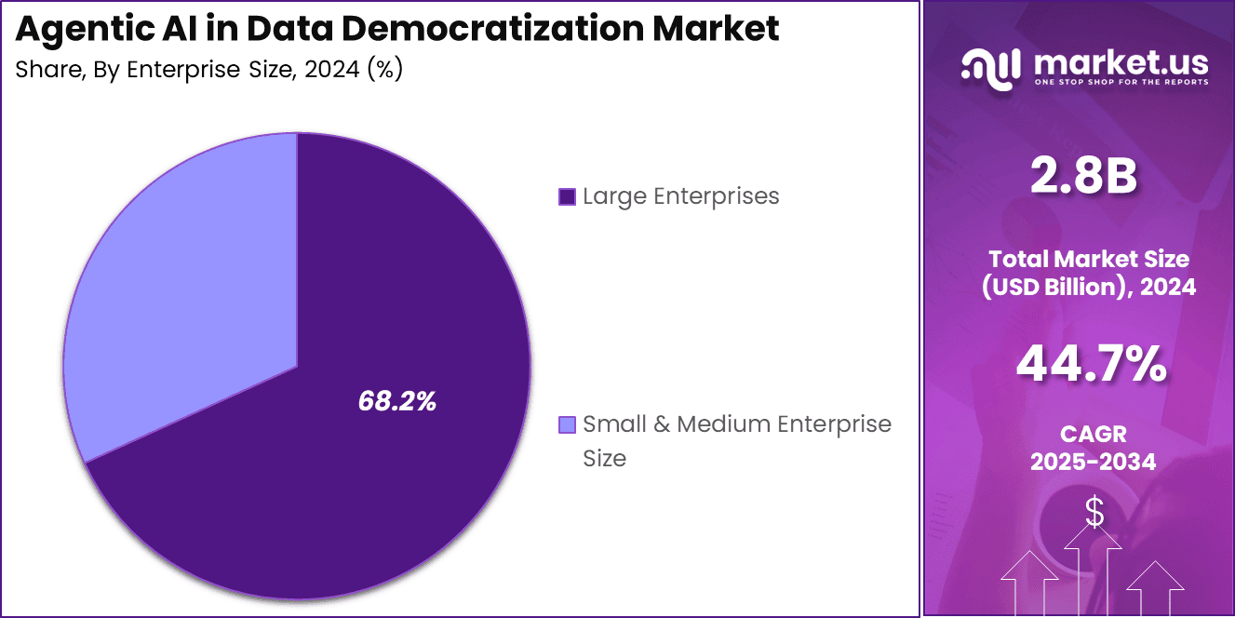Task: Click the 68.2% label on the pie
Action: pyautogui.click(x=397, y=401)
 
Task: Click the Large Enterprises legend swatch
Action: pyautogui.click(x=566, y=196)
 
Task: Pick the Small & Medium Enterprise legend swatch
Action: pyautogui.click(x=566, y=425)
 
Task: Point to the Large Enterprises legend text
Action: pyautogui.click(x=680, y=196)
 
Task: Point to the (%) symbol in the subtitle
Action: pyautogui.click(x=384, y=71)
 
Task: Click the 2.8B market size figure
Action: pyautogui.click(x=1083, y=176)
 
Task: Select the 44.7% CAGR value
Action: pyautogui.click(x=1091, y=364)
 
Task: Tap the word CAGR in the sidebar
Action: pyautogui.click(x=1093, y=434)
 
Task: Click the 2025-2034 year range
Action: pyautogui.click(x=1093, y=461)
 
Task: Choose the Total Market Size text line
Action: pyautogui.click(x=1089, y=259)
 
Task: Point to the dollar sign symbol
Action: pyautogui.click(x=1094, y=512)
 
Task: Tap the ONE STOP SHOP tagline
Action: pyautogui.click(x=1121, y=82)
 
